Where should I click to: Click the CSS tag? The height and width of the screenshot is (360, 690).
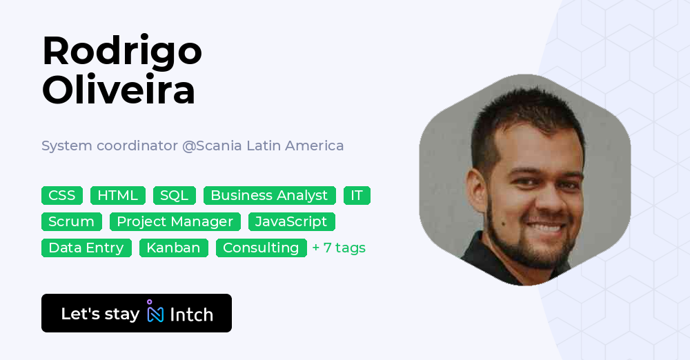pyautogui.click(x=62, y=196)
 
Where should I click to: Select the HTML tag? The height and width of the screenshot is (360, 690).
pyautogui.click(x=118, y=196)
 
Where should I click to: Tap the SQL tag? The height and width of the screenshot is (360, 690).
pyautogui.click(x=174, y=196)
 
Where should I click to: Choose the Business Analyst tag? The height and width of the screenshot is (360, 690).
pyautogui.click(x=269, y=196)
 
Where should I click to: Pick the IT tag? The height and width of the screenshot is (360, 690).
pyautogui.click(x=357, y=196)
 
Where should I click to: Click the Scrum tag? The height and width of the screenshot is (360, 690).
pyautogui.click(x=72, y=222)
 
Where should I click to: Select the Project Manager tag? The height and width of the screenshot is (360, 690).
pyautogui.click(x=175, y=222)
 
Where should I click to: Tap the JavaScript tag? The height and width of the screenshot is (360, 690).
pyautogui.click(x=291, y=222)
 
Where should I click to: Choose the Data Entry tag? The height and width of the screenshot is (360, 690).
pyautogui.click(x=86, y=248)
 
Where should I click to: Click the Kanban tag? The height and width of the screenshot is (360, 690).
pyautogui.click(x=173, y=248)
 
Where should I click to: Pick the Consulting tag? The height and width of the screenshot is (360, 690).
pyautogui.click(x=261, y=248)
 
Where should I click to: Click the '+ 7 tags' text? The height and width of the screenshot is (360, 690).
pyautogui.click(x=339, y=248)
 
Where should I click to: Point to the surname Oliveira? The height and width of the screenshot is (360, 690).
pyautogui.click(x=119, y=90)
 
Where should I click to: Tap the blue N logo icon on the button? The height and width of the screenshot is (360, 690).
pyautogui.click(x=155, y=314)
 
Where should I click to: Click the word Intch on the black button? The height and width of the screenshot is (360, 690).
pyautogui.click(x=191, y=314)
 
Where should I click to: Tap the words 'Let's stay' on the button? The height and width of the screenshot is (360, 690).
pyautogui.click(x=100, y=314)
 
